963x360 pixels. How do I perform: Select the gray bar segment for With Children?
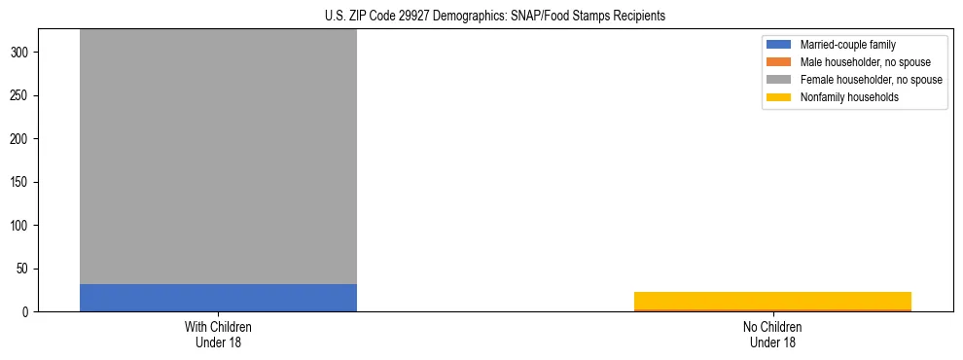218,156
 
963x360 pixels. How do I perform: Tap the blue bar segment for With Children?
218,298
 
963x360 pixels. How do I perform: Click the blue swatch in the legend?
779,45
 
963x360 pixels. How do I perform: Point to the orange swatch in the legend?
779,62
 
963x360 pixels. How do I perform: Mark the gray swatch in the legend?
779,80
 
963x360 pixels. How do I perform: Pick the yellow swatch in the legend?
779,97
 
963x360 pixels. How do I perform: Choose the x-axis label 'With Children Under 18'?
218,335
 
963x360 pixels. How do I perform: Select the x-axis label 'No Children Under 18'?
772,335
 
